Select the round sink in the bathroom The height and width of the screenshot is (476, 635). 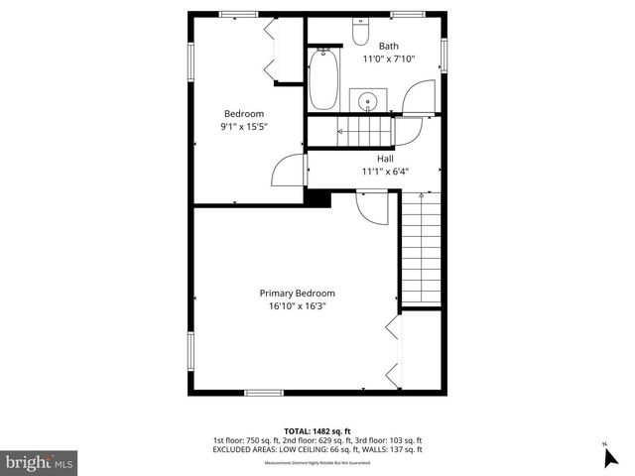coord(369,101)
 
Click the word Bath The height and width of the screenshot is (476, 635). coord(388,46)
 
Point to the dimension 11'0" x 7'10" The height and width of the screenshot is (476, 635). coord(388,59)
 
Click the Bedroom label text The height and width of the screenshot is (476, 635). coord(243,113)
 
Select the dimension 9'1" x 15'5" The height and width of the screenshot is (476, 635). coord(244,127)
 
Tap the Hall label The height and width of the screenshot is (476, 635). coord(385,158)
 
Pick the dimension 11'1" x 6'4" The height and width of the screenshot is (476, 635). coord(385,171)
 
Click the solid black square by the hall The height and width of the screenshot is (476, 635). coord(317,198)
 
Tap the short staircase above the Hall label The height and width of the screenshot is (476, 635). coord(364,129)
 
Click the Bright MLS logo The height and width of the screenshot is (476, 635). coord(40,461)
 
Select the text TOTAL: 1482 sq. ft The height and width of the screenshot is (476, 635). coord(317,430)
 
